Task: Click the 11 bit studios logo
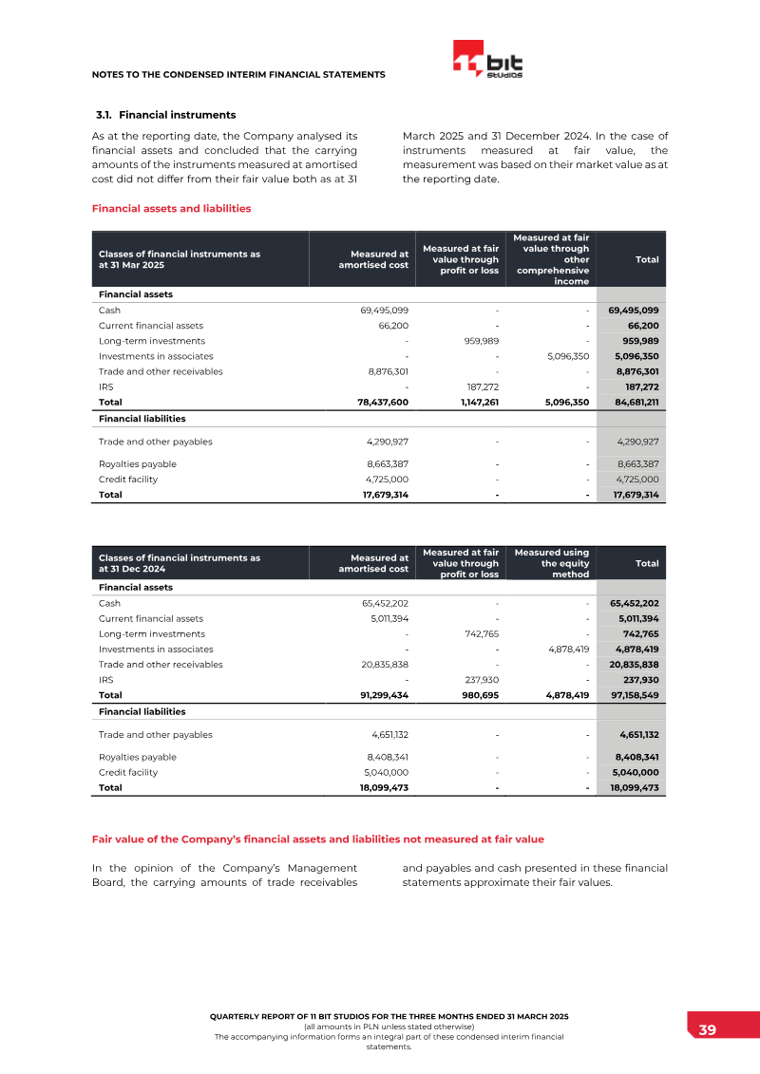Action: pos(488,60)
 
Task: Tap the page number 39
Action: pos(707,1030)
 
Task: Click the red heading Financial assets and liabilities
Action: pos(171,208)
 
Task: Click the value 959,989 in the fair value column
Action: pos(481,341)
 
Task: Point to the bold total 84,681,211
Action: pos(634,402)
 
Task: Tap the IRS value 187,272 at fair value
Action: pos(481,386)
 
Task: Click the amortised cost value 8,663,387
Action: pos(387,464)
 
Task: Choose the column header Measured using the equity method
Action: pos(552,563)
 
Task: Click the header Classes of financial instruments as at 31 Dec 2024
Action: pos(180,563)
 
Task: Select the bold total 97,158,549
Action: pos(634,695)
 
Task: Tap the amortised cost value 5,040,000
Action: pos(387,773)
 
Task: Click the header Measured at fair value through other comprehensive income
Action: pos(552,259)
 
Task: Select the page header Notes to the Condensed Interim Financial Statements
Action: pos(238,74)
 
